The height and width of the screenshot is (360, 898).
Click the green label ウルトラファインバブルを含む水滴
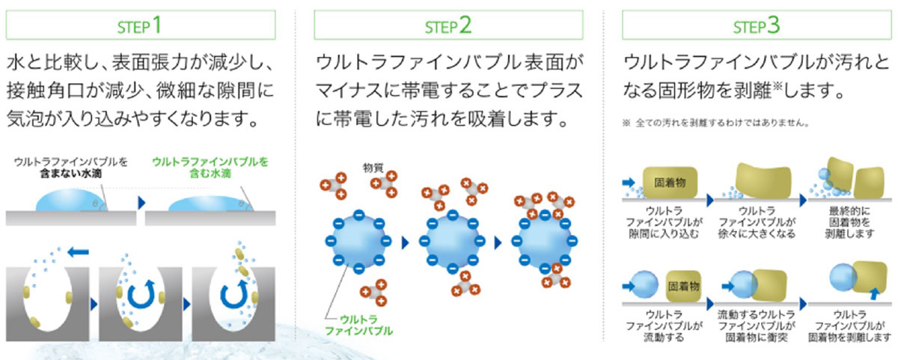point(210,166)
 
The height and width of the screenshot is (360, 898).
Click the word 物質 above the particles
point(373,165)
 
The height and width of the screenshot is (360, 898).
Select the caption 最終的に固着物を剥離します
point(849,222)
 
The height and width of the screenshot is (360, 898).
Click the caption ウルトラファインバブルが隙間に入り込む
point(662,222)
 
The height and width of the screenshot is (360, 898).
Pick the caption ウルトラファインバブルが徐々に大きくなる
point(755,222)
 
